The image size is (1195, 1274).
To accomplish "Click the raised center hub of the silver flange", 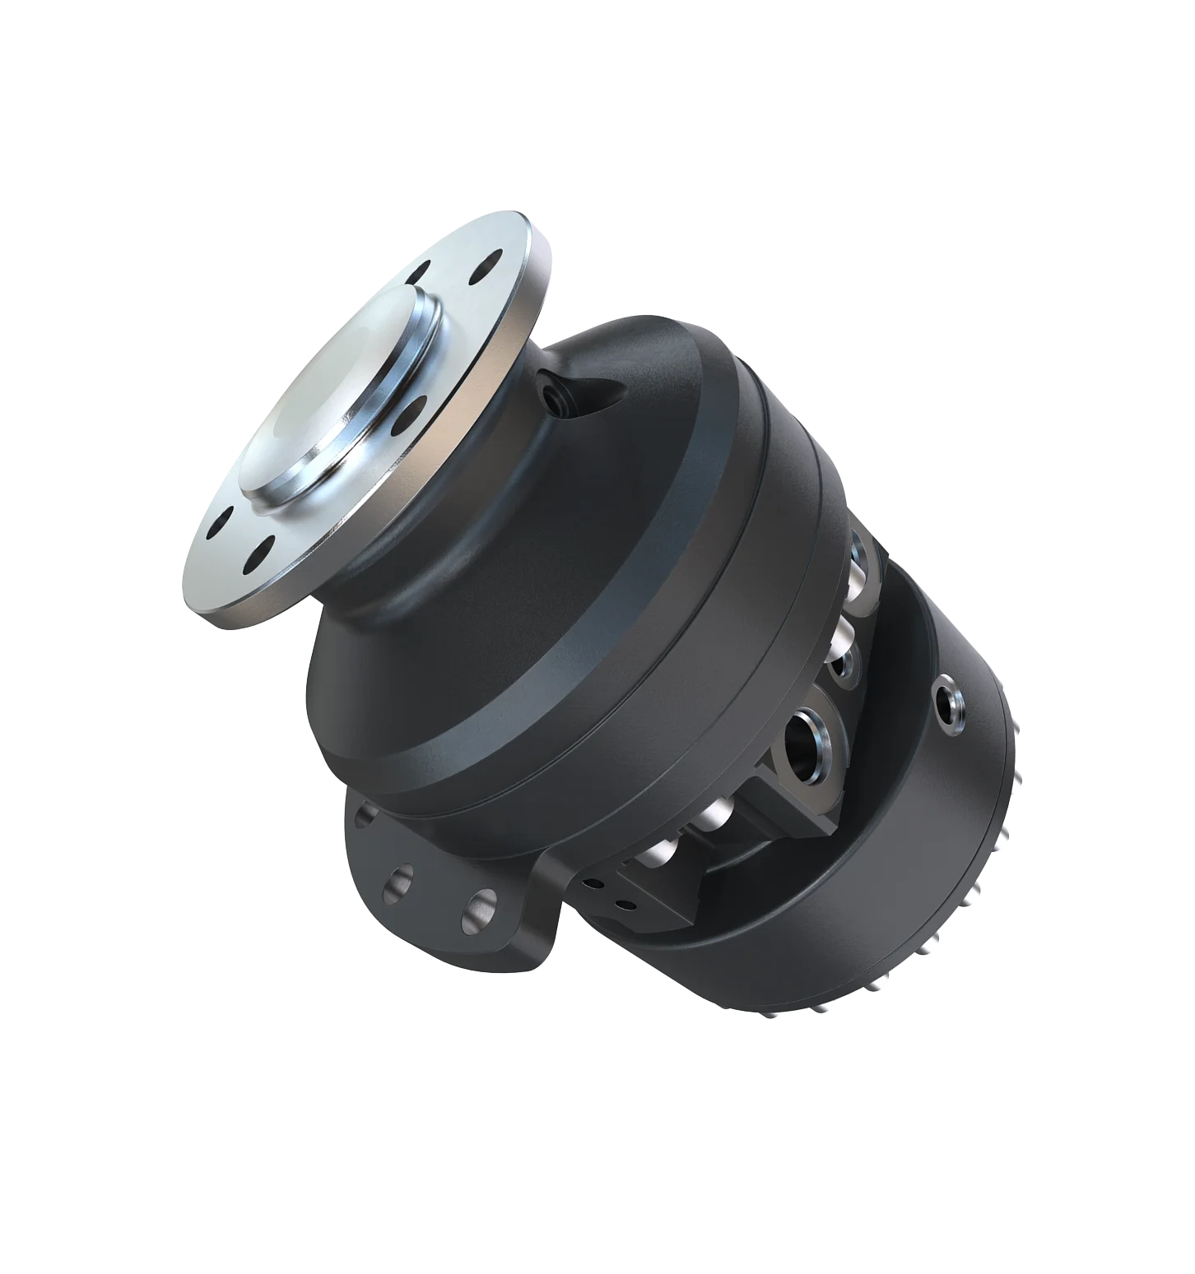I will [x=346, y=395].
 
